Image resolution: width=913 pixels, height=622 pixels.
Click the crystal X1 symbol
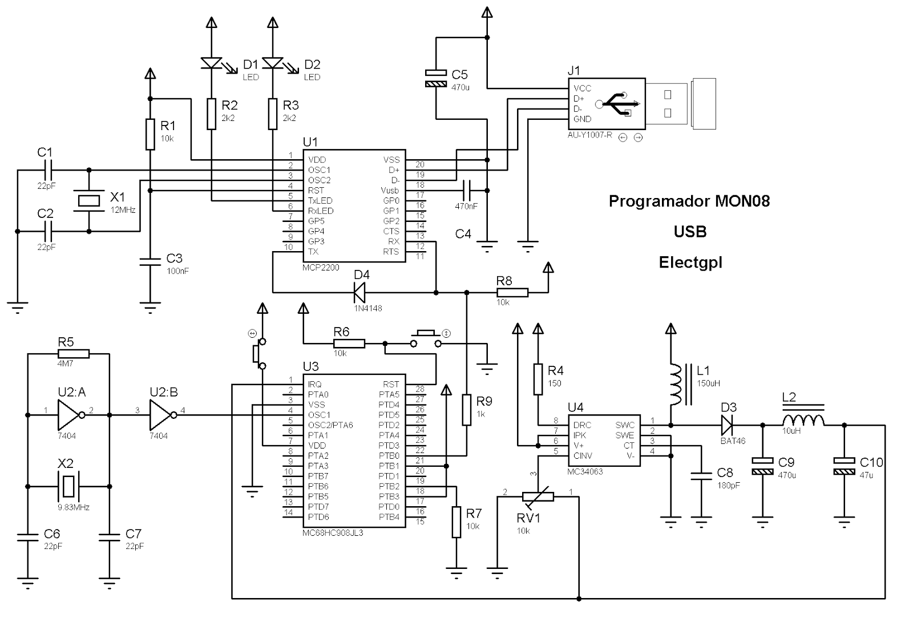[x=89, y=200]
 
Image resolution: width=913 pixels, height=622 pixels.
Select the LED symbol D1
[x=211, y=63]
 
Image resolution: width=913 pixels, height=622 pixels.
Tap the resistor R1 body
[x=150, y=134]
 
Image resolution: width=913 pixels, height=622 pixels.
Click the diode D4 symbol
[x=359, y=293]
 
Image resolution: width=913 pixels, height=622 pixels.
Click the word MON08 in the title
[x=742, y=201]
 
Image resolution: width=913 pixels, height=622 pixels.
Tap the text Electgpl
[x=690, y=262]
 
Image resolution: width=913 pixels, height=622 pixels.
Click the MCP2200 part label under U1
[x=321, y=266]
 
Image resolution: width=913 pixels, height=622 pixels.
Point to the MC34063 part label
[x=585, y=471]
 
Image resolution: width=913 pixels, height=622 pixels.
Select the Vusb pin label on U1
[x=390, y=191]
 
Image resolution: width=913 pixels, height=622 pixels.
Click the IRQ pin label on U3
[x=314, y=384]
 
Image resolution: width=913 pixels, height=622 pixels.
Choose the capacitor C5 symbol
[x=436, y=79]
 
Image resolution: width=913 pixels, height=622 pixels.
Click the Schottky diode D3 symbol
[x=726, y=425]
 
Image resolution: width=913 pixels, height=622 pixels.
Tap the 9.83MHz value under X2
[x=73, y=507]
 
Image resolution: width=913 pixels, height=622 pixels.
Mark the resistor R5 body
[x=74, y=353]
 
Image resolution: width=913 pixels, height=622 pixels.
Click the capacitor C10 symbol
[x=844, y=466]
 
